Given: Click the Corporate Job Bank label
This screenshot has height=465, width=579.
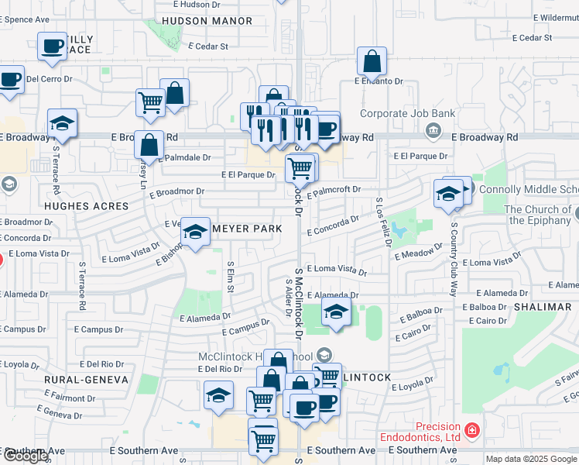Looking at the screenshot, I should [x=407, y=114].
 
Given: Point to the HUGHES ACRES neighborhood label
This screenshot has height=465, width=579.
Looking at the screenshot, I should [x=86, y=206].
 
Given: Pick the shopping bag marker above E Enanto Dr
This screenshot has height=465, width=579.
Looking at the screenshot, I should [x=372, y=62].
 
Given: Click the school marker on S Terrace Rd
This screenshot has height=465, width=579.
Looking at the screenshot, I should [x=61, y=124].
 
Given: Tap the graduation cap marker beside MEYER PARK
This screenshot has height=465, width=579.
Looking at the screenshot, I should [x=196, y=232].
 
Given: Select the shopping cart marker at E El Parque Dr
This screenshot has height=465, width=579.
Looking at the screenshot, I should [x=300, y=167].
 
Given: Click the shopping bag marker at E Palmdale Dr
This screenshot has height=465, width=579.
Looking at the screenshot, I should [x=149, y=144].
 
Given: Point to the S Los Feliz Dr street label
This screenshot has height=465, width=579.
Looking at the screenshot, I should [x=382, y=222].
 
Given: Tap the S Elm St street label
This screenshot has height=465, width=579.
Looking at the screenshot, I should [x=230, y=277].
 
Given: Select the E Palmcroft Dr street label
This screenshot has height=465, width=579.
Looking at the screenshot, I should [x=334, y=191].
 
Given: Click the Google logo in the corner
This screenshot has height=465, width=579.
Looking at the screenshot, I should [x=26, y=456].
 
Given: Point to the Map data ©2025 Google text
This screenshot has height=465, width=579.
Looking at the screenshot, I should [x=532, y=459].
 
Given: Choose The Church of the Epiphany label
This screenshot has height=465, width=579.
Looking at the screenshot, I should [x=538, y=215].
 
